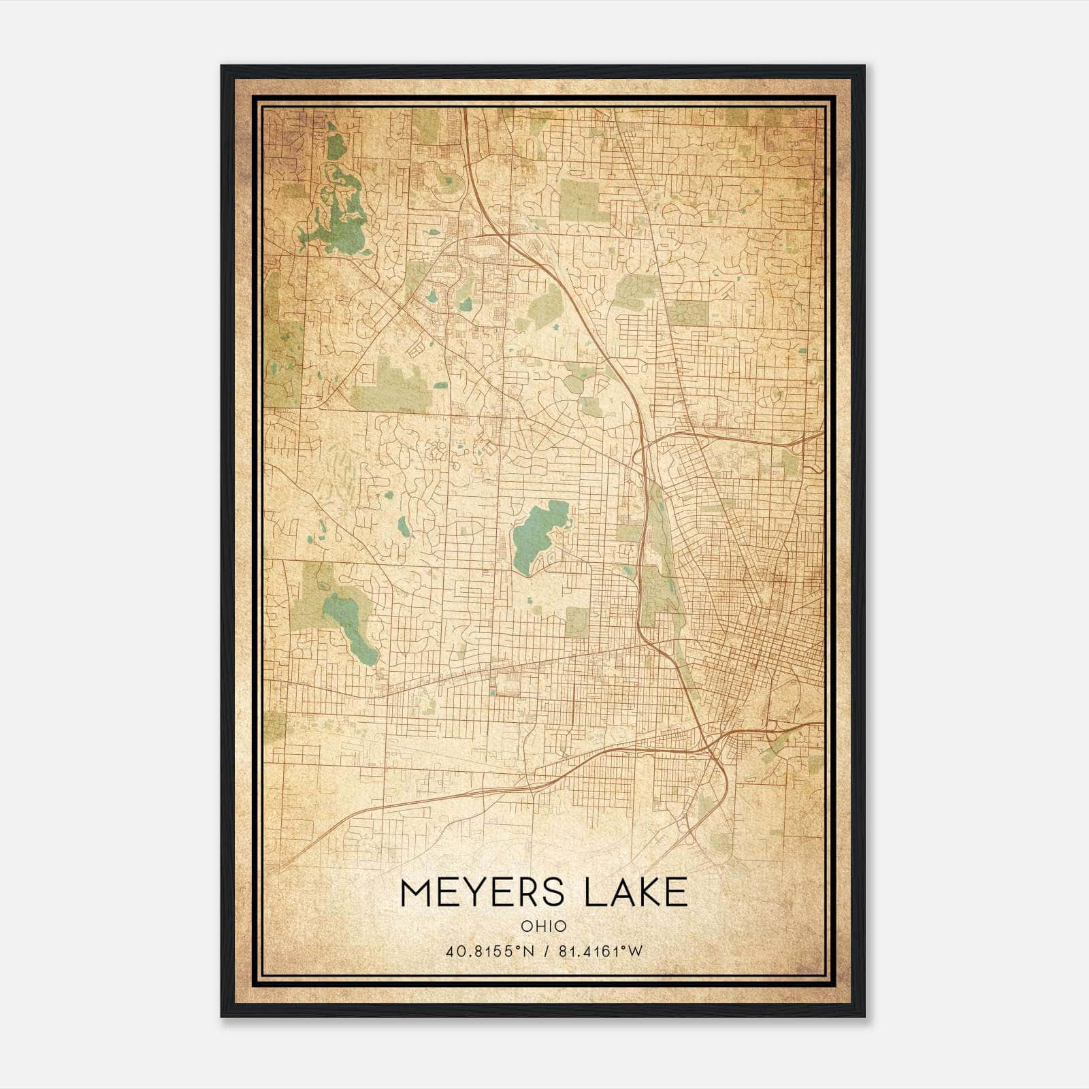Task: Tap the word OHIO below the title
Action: (x=544, y=926)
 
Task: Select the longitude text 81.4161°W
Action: (x=600, y=952)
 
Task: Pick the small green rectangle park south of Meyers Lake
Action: (x=576, y=621)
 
